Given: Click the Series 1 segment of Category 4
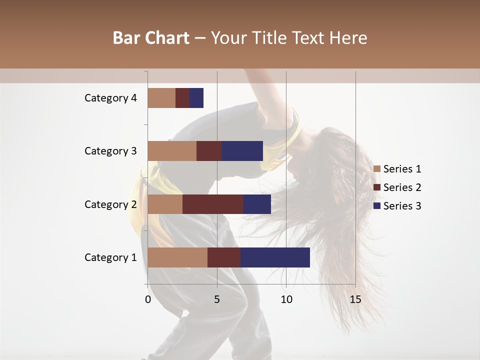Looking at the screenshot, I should (x=161, y=98).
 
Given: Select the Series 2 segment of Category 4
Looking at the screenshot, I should (x=182, y=98).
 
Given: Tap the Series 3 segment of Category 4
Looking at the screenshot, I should (x=196, y=98).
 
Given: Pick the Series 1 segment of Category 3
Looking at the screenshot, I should (x=172, y=151).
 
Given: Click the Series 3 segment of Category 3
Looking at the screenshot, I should (x=242, y=151).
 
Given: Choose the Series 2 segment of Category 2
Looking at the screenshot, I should (x=213, y=204).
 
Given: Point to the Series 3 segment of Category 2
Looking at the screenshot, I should (x=257, y=204).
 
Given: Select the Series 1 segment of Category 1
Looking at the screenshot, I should (x=177, y=257).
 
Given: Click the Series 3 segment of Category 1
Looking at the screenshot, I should (x=275, y=257).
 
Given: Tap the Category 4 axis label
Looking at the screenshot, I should (x=110, y=98).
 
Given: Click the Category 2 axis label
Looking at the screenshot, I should (x=110, y=204).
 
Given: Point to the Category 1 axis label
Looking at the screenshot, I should (x=110, y=257).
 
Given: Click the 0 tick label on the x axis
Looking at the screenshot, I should (x=148, y=299).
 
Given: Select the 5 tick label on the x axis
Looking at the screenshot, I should (x=217, y=299).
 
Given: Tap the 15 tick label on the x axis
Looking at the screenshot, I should (x=355, y=299).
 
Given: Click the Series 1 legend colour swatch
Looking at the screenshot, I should (x=377, y=169).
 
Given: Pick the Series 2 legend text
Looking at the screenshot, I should (x=402, y=187).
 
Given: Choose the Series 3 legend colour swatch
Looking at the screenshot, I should (x=377, y=206).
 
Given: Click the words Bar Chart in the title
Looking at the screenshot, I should (x=151, y=38).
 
